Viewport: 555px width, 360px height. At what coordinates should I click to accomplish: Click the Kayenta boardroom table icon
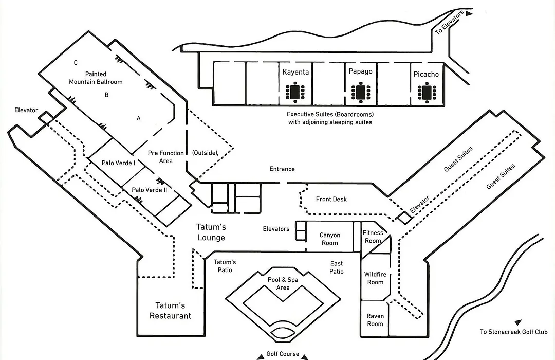(295, 92)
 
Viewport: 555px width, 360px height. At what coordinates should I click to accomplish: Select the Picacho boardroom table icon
(427, 93)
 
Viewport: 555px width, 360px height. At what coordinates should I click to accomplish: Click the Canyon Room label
(329, 239)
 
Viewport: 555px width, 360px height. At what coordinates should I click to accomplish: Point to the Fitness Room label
(373, 237)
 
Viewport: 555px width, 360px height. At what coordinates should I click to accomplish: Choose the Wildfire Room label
(375, 278)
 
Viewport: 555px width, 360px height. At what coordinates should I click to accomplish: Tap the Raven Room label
(375, 320)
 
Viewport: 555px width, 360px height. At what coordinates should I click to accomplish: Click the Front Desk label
(331, 199)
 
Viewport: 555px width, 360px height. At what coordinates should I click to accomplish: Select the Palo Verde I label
(118, 163)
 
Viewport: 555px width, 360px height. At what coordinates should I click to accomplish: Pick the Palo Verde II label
(150, 190)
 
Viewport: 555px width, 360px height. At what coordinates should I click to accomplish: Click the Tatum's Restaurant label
(170, 311)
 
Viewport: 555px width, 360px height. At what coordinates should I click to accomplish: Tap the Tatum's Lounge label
(211, 232)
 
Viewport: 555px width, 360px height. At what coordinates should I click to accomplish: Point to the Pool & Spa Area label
(283, 283)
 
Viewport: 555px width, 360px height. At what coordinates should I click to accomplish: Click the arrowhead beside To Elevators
(469, 13)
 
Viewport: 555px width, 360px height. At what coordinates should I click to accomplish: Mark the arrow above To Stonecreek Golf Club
(518, 322)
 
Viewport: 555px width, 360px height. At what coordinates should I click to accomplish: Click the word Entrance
(282, 169)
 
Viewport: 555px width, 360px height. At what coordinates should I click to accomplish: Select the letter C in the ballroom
(76, 63)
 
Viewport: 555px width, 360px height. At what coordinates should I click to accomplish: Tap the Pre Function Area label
(165, 157)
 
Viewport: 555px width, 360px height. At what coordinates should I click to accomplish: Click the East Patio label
(336, 267)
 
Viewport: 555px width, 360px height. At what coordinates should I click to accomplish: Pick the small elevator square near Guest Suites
(404, 218)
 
